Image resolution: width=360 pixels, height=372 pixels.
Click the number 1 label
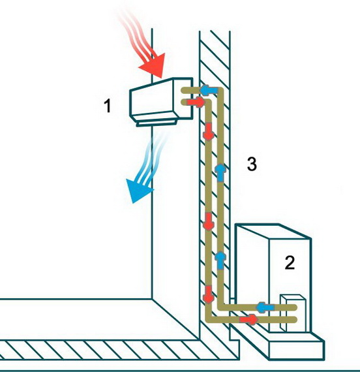(108, 106)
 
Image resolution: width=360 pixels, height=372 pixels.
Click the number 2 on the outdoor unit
(290, 262)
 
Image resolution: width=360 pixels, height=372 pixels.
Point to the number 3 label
(252, 164)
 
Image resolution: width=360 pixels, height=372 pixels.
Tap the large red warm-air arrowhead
(153, 65)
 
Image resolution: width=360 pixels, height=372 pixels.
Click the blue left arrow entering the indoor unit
(209, 90)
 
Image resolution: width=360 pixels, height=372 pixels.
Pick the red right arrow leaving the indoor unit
(196, 102)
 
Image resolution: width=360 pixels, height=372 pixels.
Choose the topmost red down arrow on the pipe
(209, 131)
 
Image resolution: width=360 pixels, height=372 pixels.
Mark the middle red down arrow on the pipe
(209, 221)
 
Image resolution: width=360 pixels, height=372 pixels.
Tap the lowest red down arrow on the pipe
(209, 294)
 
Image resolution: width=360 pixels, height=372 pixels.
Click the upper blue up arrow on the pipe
(220, 172)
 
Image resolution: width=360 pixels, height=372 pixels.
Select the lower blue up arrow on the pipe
(220, 261)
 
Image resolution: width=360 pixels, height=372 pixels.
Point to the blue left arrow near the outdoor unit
(265, 307)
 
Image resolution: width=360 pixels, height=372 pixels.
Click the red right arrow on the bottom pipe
(248, 319)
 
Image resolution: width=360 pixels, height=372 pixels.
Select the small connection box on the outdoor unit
(293, 313)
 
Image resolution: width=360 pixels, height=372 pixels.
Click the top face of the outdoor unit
(273, 231)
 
